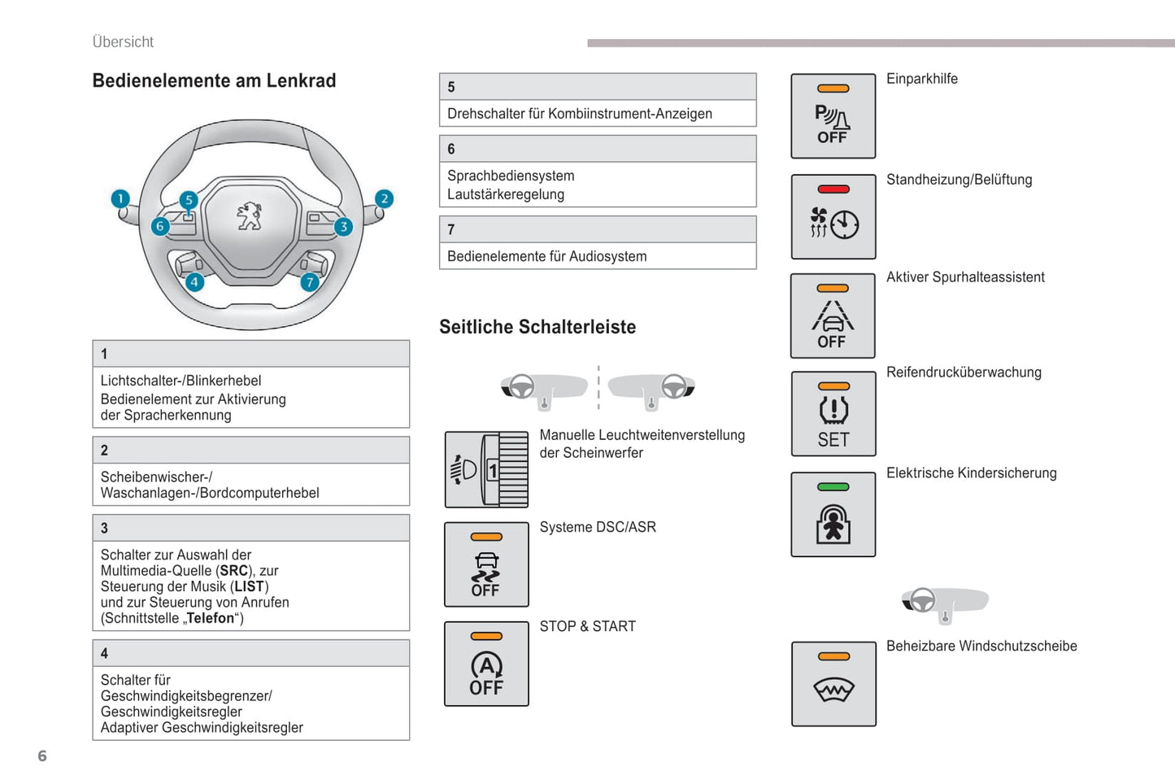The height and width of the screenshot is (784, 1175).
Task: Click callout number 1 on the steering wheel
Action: pos(120,199)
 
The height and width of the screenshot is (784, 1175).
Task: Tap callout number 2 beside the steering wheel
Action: pos(384,199)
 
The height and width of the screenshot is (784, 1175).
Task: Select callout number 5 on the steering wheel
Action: pos(189,200)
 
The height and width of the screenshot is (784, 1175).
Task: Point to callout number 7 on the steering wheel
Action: pos(309,282)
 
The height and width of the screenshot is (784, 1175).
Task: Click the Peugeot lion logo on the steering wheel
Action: pos(250,217)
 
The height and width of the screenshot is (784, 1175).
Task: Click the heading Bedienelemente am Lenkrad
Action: pos(214,81)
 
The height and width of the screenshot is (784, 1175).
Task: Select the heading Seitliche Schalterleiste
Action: pos(537,327)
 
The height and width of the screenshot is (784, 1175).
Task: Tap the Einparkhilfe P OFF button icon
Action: pos(833,116)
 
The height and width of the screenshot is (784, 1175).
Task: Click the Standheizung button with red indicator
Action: pos(833,217)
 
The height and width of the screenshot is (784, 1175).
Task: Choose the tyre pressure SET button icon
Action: pos(833,414)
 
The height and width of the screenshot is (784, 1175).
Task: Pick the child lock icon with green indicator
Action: pos(833,515)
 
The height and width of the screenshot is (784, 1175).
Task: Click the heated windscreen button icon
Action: pos(833,684)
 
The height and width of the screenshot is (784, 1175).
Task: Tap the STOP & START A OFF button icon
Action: pos(486,664)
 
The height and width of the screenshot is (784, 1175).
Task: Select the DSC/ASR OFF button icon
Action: pos(486,564)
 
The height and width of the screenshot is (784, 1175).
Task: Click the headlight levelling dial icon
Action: pos(486,470)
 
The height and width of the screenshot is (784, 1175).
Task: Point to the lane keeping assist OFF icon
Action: pos(833,316)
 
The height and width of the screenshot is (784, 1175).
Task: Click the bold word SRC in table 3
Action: pos(234,571)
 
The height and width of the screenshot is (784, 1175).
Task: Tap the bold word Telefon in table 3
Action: pos(211,618)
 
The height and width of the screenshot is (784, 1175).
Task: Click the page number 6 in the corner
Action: pos(42,756)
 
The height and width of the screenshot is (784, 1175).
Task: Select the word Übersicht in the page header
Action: pos(123,42)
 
